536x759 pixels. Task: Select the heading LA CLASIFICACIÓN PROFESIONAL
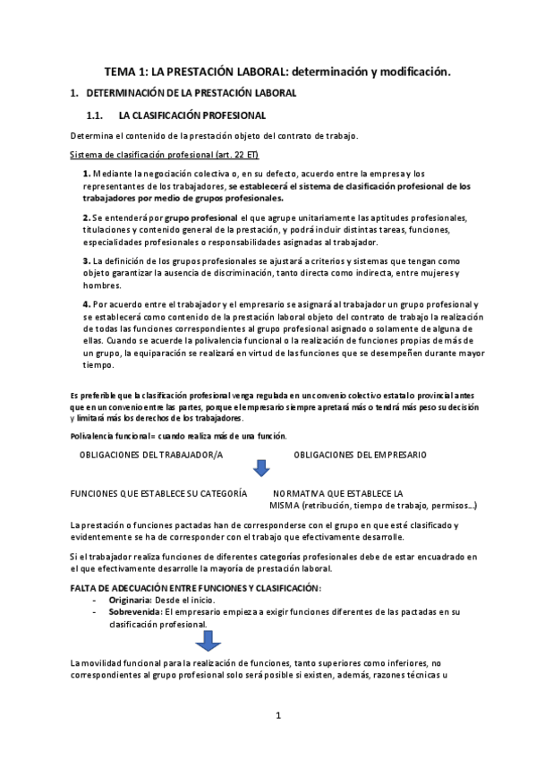click(x=191, y=115)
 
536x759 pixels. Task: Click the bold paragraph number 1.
click(x=86, y=173)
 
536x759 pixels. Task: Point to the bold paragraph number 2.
click(x=86, y=217)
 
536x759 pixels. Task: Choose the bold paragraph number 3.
click(x=86, y=260)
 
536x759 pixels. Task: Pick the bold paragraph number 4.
click(x=86, y=304)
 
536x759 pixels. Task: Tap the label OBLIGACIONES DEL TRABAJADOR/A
click(x=151, y=455)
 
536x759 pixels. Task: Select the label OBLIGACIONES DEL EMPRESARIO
click(x=360, y=455)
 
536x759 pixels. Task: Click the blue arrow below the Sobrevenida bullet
click(x=208, y=640)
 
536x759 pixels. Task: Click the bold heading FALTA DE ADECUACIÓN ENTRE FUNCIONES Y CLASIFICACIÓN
click(x=195, y=587)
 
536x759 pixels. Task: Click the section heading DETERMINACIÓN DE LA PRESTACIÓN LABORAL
click(x=191, y=93)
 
